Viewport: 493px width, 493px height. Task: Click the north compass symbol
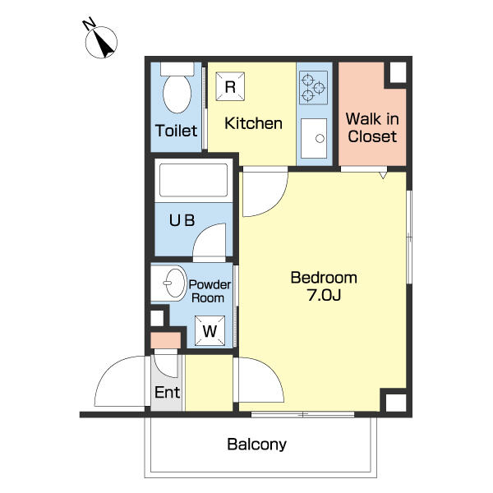click(101, 42)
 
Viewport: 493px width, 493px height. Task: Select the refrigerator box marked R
click(230, 86)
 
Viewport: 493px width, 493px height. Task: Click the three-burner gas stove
click(313, 87)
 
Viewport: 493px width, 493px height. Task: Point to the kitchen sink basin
click(314, 138)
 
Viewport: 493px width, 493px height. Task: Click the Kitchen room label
click(253, 123)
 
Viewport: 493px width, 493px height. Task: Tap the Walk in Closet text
click(372, 127)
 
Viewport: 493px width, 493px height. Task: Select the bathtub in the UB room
click(194, 181)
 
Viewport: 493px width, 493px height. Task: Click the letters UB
click(182, 220)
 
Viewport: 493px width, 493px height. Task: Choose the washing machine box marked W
click(210, 331)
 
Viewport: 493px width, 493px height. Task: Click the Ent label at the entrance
click(168, 392)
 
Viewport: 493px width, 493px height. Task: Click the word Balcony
click(256, 445)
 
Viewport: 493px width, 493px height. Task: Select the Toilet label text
click(176, 131)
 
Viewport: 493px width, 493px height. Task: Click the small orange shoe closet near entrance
click(166, 340)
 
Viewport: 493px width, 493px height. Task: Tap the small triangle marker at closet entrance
click(383, 176)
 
